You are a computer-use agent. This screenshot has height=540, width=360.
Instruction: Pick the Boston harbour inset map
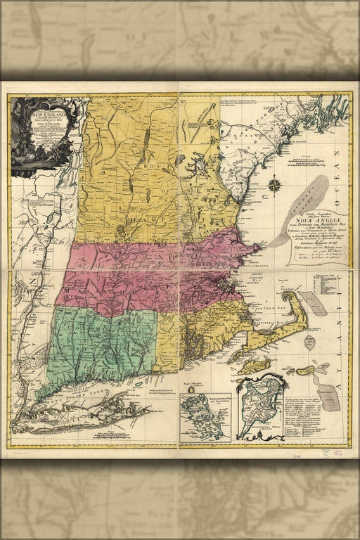[205, 416]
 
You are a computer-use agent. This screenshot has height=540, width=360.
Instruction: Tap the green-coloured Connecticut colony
[98, 345]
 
